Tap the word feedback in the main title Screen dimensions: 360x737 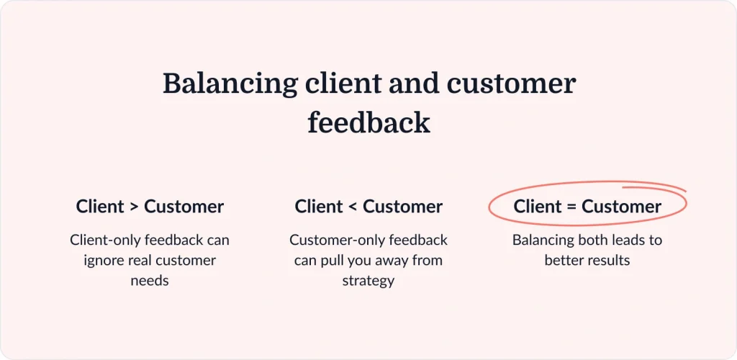(x=368, y=123)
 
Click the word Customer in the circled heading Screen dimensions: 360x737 (x=621, y=207)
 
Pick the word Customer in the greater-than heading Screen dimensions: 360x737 (x=184, y=207)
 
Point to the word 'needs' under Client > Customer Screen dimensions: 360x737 (x=150, y=280)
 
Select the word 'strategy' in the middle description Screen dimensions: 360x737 (x=368, y=280)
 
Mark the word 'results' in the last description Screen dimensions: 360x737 (x=611, y=260)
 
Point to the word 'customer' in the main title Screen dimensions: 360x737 (x=512, y=84)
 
